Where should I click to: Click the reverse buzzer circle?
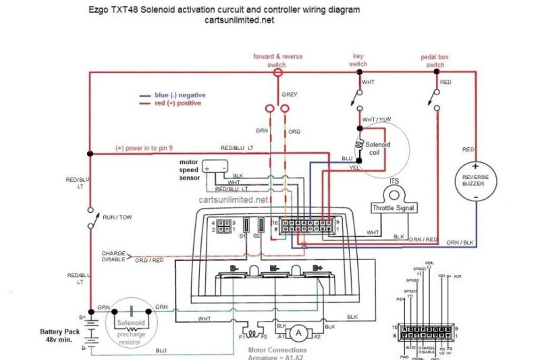coord(476,181)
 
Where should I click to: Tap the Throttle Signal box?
coord(394,208)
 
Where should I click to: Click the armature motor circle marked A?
coord(298,332)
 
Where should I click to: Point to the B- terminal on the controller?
coord(235,269)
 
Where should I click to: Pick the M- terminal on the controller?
coord(275,269)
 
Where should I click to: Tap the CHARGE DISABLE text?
coord(114,256)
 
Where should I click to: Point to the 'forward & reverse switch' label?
coord(277,59)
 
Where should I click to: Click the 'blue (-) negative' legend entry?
coord(175,95)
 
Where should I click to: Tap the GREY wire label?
coord(290,95)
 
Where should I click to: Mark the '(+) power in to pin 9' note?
coord(144,147)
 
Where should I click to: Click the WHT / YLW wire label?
coord(376,120)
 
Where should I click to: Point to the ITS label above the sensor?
coord(394,181)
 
